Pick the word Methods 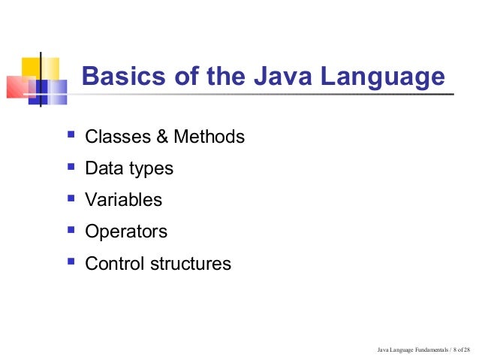pos(209,138)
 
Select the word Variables pos(123,201)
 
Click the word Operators pos(126,232)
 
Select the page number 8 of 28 pos(461,350)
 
